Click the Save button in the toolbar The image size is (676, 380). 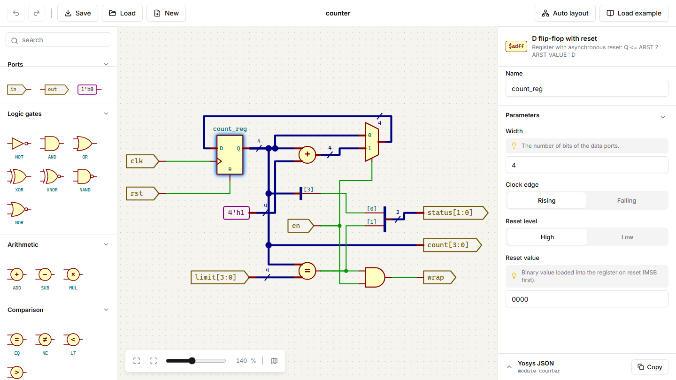click(77, 13)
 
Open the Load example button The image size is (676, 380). click(634, 13)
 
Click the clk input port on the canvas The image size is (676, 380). click(142, 161)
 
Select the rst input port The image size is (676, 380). click(142, 193)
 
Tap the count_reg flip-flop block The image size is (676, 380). click(230, 155)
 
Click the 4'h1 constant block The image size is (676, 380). click(236, 213)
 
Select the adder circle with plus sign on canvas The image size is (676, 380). click(307, 155)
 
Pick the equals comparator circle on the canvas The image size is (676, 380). click(307, 271)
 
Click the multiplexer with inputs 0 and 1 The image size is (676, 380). click(372, 142)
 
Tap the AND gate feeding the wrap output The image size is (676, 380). click(375, 277)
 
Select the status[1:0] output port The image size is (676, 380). click(455, 213)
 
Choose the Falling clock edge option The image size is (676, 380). click(627, 201)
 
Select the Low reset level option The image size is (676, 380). click(627, 237)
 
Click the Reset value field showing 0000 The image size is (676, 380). click(587, 299)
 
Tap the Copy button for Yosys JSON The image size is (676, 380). click(650, 367)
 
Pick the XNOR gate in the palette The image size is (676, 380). click(52, 180)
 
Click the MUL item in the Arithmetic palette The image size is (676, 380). click(73, 278)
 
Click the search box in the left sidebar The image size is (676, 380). click(58, 40)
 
